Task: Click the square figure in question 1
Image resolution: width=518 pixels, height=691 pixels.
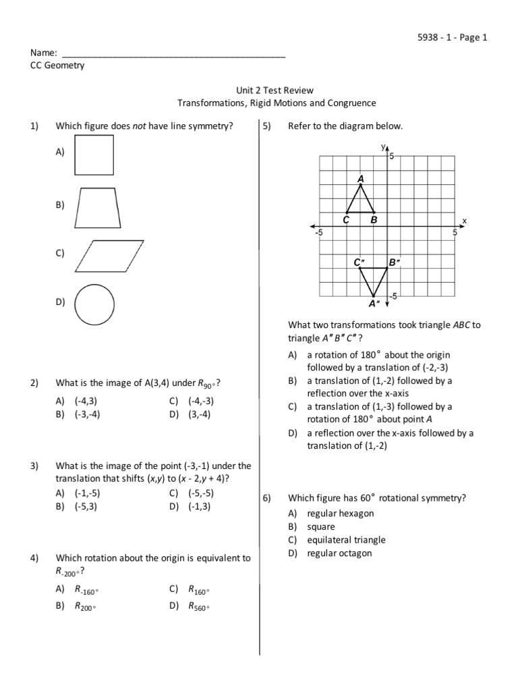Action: [94, 155]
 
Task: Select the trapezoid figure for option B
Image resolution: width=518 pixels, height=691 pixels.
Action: [98, 208]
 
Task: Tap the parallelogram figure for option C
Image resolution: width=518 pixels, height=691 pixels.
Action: [110, 255]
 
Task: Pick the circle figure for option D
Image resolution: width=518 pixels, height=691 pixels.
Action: [94, 304]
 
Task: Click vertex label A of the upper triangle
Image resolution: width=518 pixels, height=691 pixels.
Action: [361, 179]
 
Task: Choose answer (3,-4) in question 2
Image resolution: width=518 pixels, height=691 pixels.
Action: [200, 414]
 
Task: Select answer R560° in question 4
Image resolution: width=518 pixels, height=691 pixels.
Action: [199, 607]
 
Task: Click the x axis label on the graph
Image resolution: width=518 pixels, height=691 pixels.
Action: [464, 221]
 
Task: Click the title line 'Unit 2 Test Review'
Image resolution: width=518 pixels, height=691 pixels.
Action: [276, 90]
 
